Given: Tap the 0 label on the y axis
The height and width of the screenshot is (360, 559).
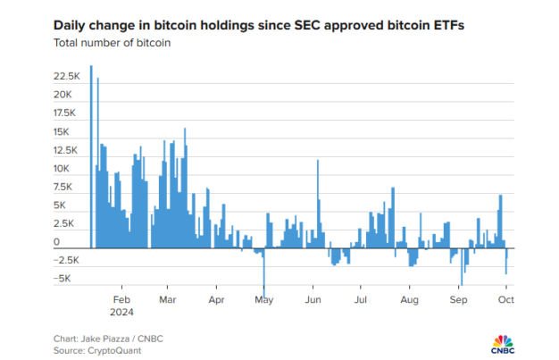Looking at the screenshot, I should click(x=56, y=242).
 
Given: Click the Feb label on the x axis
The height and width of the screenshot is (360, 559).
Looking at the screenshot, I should click(x=122, y=300).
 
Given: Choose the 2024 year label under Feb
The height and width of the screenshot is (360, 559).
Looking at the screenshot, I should click(x=124, y=312).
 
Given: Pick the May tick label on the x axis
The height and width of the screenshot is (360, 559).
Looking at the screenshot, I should click(x=263, y=300).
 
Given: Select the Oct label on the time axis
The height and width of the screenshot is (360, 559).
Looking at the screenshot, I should click(x=505, y=300).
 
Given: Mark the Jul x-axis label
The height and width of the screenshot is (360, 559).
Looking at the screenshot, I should click(x=360, y=300).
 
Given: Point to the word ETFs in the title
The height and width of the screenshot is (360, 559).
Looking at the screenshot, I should click(x=446, y=26).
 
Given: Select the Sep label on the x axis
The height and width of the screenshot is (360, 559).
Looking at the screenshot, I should click(x=457, y=300).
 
